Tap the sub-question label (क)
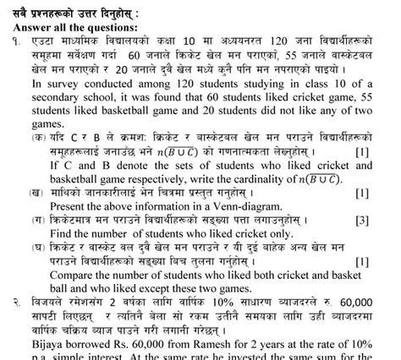tap(36, 136)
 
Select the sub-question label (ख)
tap(36, 193)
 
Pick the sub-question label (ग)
tap(36, 220)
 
